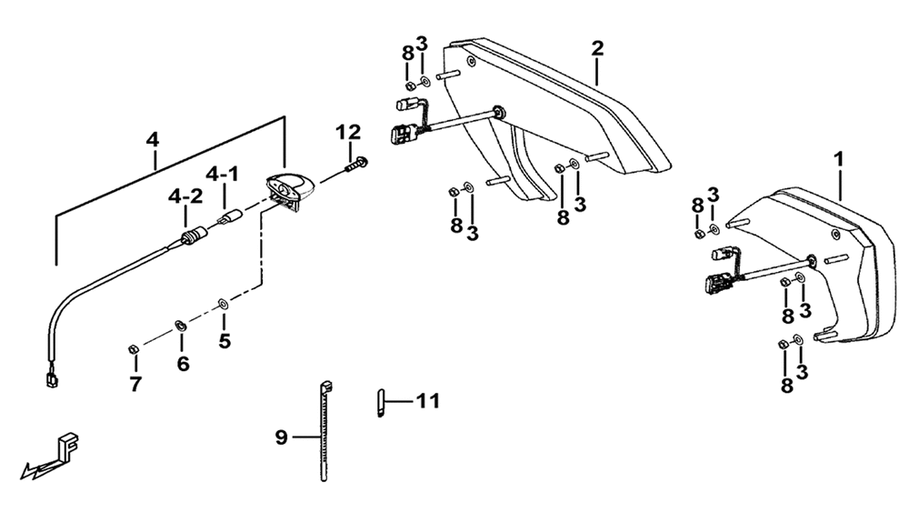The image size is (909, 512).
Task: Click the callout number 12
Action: click(x=348, y=132)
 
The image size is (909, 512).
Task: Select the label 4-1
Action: click(x=223, y=174)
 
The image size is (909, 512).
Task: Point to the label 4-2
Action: click(x=185, y=196)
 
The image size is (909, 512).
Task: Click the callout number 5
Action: click(x=225, y=340)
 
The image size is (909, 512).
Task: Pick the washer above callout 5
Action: click(x=223, y=303)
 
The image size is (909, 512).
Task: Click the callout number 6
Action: click(x=183, y=364)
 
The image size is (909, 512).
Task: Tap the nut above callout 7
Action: click(x=132, y=349)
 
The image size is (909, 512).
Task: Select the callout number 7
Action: click(x=135, y=384)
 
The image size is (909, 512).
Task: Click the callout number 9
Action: click(x=281, y=437)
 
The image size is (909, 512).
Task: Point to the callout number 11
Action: click(x=428, y=401)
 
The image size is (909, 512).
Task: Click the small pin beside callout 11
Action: click(x=380, y=402)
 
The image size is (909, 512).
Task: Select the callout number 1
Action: click(x=838, y=159)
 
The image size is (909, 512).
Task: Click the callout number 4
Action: click(x=153, y=140)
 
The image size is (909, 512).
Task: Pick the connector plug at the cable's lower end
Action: click(x=51, y=381)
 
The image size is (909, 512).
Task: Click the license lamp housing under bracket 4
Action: click(x=290, y=188)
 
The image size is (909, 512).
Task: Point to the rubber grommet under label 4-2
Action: click(x=193, y=237)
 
